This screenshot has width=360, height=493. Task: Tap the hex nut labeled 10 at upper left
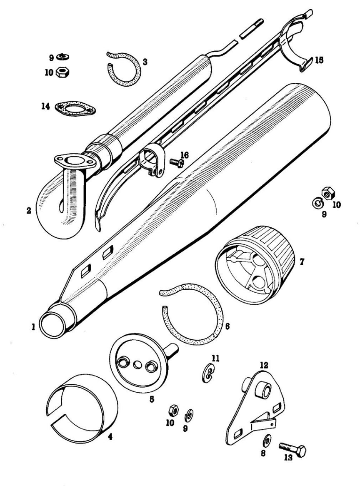[x=62, y=72]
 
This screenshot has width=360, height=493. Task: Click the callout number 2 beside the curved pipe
[x=28, y=211]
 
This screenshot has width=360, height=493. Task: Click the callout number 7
[x=302, y=262]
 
